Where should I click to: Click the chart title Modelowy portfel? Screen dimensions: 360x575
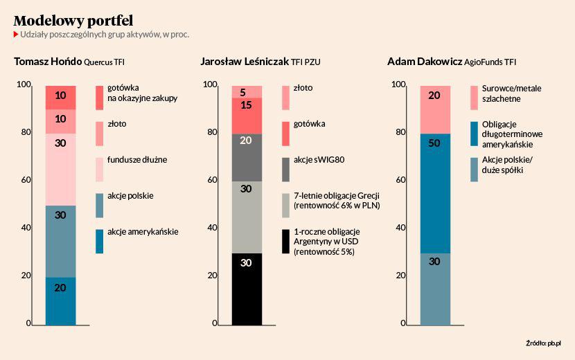click(x=73, y=19)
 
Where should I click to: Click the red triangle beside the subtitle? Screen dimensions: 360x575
click(x=17, y=34)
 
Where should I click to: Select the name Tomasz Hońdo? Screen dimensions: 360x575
click(x=47, y=62)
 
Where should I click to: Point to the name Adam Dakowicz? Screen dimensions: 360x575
click(x=425, y=62)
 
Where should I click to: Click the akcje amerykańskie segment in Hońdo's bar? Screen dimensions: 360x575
click(x=60, y=300)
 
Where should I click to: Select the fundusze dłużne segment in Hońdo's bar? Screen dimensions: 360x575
click(x=60, y=170)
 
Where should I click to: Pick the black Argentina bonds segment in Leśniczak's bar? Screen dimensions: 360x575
click(x=247, y=289)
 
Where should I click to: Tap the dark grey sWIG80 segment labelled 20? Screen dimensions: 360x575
click(x=247, y=157)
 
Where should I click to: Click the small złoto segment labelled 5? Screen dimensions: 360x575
click(x=247, y=91)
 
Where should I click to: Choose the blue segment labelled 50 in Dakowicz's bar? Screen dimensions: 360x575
click(x=434, y=193)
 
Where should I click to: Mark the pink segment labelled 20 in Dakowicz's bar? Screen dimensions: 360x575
click(x=434, y=109)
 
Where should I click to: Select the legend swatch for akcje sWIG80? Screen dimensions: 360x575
click(x=286, y=169)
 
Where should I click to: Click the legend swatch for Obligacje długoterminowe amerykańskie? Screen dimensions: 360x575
click(x=475, y=134)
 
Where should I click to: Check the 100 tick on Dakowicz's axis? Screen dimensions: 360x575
click(x=398, y=84)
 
